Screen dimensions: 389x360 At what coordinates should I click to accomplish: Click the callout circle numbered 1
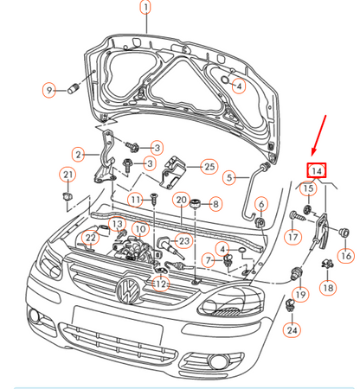click(x=145, y=9)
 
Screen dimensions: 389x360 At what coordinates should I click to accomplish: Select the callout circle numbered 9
click(x=49, y=89)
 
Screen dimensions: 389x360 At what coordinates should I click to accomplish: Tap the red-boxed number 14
click(x=318, y=170)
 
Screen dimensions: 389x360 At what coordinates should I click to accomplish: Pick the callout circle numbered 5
click(x=231, y=178)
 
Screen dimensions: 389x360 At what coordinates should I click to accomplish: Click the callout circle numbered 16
click(x=345, y=255)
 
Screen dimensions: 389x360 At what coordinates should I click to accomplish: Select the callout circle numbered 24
click(x=292, y=329)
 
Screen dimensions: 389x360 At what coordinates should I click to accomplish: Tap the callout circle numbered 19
click(x=300, y=295)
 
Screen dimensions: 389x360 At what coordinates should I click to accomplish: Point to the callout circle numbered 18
click(x=328, y=287)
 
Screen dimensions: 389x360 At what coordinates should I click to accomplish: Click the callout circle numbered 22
click(x=91, y=238)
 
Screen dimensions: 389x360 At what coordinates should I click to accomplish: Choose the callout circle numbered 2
click(x=79, y=155)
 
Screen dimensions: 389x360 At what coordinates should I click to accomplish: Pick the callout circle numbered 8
click(x=215, y=204)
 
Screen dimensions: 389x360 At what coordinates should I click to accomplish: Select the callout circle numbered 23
click(x=183, y=240)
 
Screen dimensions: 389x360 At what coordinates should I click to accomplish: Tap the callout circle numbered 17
click(x=293, y=237)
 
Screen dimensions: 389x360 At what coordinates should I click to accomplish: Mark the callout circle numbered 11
click(x=136, y=200)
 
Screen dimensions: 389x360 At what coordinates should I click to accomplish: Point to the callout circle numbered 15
click(x=307, y=188)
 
